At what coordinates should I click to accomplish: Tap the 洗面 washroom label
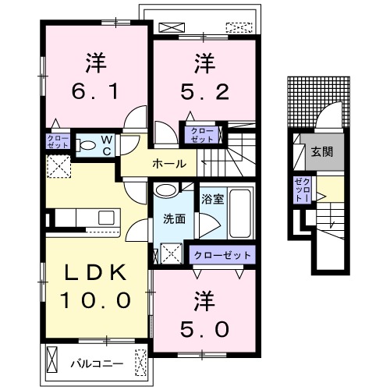click(x=175, y=219)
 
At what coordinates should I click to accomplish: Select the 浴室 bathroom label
click(x=212, y=199)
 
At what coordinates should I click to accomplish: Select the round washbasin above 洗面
click(x=168, y=190)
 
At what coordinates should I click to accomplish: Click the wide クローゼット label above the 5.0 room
click(x=223, y=255)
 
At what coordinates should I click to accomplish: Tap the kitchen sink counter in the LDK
click(x=81, y=218)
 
